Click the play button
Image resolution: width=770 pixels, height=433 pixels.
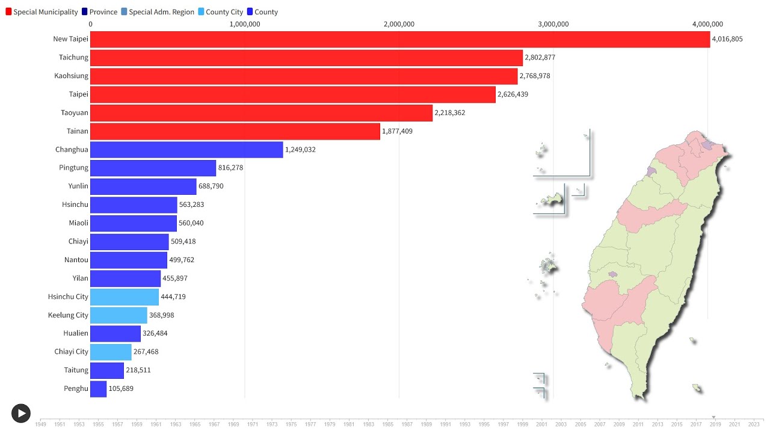tap(21, 413)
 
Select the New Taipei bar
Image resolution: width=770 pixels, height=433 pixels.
tap(400, 39)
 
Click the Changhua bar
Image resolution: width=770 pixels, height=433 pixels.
tap(186, 150)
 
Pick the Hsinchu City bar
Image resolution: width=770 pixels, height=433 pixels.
tap(125, 296)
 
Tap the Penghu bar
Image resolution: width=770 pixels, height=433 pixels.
tap(99, 388)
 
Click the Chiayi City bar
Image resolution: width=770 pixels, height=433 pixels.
tap(111, 352)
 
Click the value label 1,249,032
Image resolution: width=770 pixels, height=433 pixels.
tap(300, 150)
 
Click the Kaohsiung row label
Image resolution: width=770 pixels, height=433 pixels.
tap(71, 76)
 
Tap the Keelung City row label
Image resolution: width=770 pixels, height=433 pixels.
tap(68, 315)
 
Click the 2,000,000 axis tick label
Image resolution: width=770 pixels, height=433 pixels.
tap(399, 24)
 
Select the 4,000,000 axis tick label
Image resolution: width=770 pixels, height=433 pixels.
tap(707, 24)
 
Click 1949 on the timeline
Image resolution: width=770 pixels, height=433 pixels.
tap(40, 424)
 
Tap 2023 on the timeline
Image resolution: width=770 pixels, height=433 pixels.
tap(754, 424)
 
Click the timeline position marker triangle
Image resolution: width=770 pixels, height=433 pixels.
tap(713, 417)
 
